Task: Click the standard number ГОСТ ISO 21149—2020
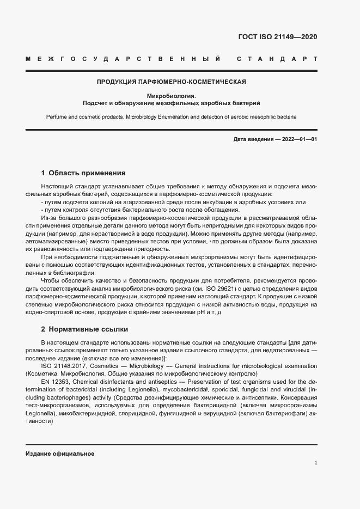[x=277, y=37]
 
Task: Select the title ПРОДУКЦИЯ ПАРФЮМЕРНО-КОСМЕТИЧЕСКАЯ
[x=171, y=82]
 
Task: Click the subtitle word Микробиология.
[x=171, y=96]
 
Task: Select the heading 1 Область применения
[x=83, y=173]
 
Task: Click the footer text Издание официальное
[x=60, y=453]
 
